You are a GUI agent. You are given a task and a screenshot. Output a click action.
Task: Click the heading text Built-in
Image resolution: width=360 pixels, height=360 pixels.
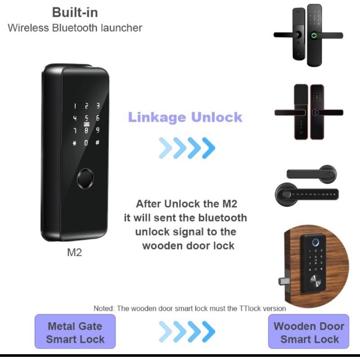pyautogui.click(x=75, y=13)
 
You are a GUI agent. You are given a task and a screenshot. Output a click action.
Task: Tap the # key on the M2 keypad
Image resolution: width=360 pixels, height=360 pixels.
pyautogui.click(x=97, y=143)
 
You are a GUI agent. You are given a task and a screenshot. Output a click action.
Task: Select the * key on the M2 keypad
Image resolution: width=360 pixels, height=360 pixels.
pyautogui.click(x=74, y=143)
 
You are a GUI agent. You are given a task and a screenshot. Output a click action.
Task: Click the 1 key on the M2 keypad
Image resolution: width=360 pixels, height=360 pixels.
pyautogui.click(x=75, y=106)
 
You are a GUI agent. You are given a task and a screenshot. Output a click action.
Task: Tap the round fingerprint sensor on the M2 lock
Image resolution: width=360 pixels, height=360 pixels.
pyautogui.click(x=85, y=179)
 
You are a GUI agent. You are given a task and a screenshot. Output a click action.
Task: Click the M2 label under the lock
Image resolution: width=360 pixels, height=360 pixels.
pyautogui.click(x=74, y=252)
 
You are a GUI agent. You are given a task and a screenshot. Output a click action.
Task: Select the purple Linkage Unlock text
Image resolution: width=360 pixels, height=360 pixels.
pyautogui.click(x=185, y=117)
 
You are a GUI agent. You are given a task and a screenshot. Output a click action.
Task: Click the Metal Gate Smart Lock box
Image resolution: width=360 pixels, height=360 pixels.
pyautogui.click(x=75, y=331)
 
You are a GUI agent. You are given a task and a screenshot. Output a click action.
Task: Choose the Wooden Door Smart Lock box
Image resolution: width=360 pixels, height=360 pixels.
pyautogui.click(x=309, y=331)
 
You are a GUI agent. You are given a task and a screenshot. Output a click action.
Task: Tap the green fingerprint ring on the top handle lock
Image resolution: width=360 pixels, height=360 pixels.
pyautogui.click(x=314, y=36)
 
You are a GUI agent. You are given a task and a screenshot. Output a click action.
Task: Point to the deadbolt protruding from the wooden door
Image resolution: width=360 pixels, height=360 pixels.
pyautogui.click(x=284, y=280)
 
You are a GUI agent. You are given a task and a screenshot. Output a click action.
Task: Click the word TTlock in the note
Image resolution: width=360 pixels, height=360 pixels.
pyautogui.click(x=250, y=308)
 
